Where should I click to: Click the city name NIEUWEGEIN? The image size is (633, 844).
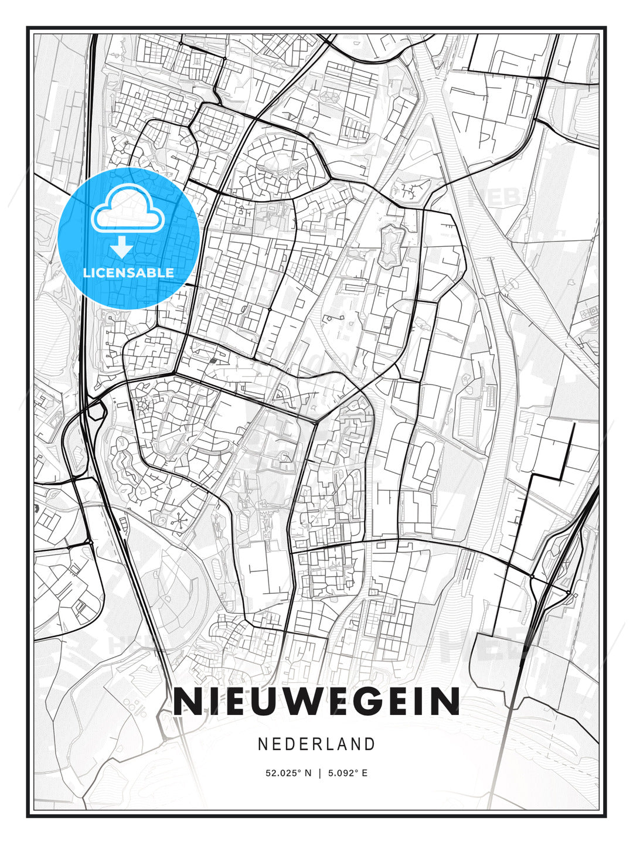[x=316, y=701]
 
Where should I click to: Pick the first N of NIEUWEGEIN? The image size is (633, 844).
[x=187, y=701]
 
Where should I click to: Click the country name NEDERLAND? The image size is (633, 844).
[x=316, y=744]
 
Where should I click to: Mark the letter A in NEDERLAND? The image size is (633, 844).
[x=343, y=744]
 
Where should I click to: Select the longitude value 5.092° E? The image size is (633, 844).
[x=348, y=773]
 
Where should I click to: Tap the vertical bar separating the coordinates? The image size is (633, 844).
[x=319, y=773]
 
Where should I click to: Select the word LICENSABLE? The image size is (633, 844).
[x=128, y=273]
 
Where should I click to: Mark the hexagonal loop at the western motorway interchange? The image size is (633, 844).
[x=95, y=410]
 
